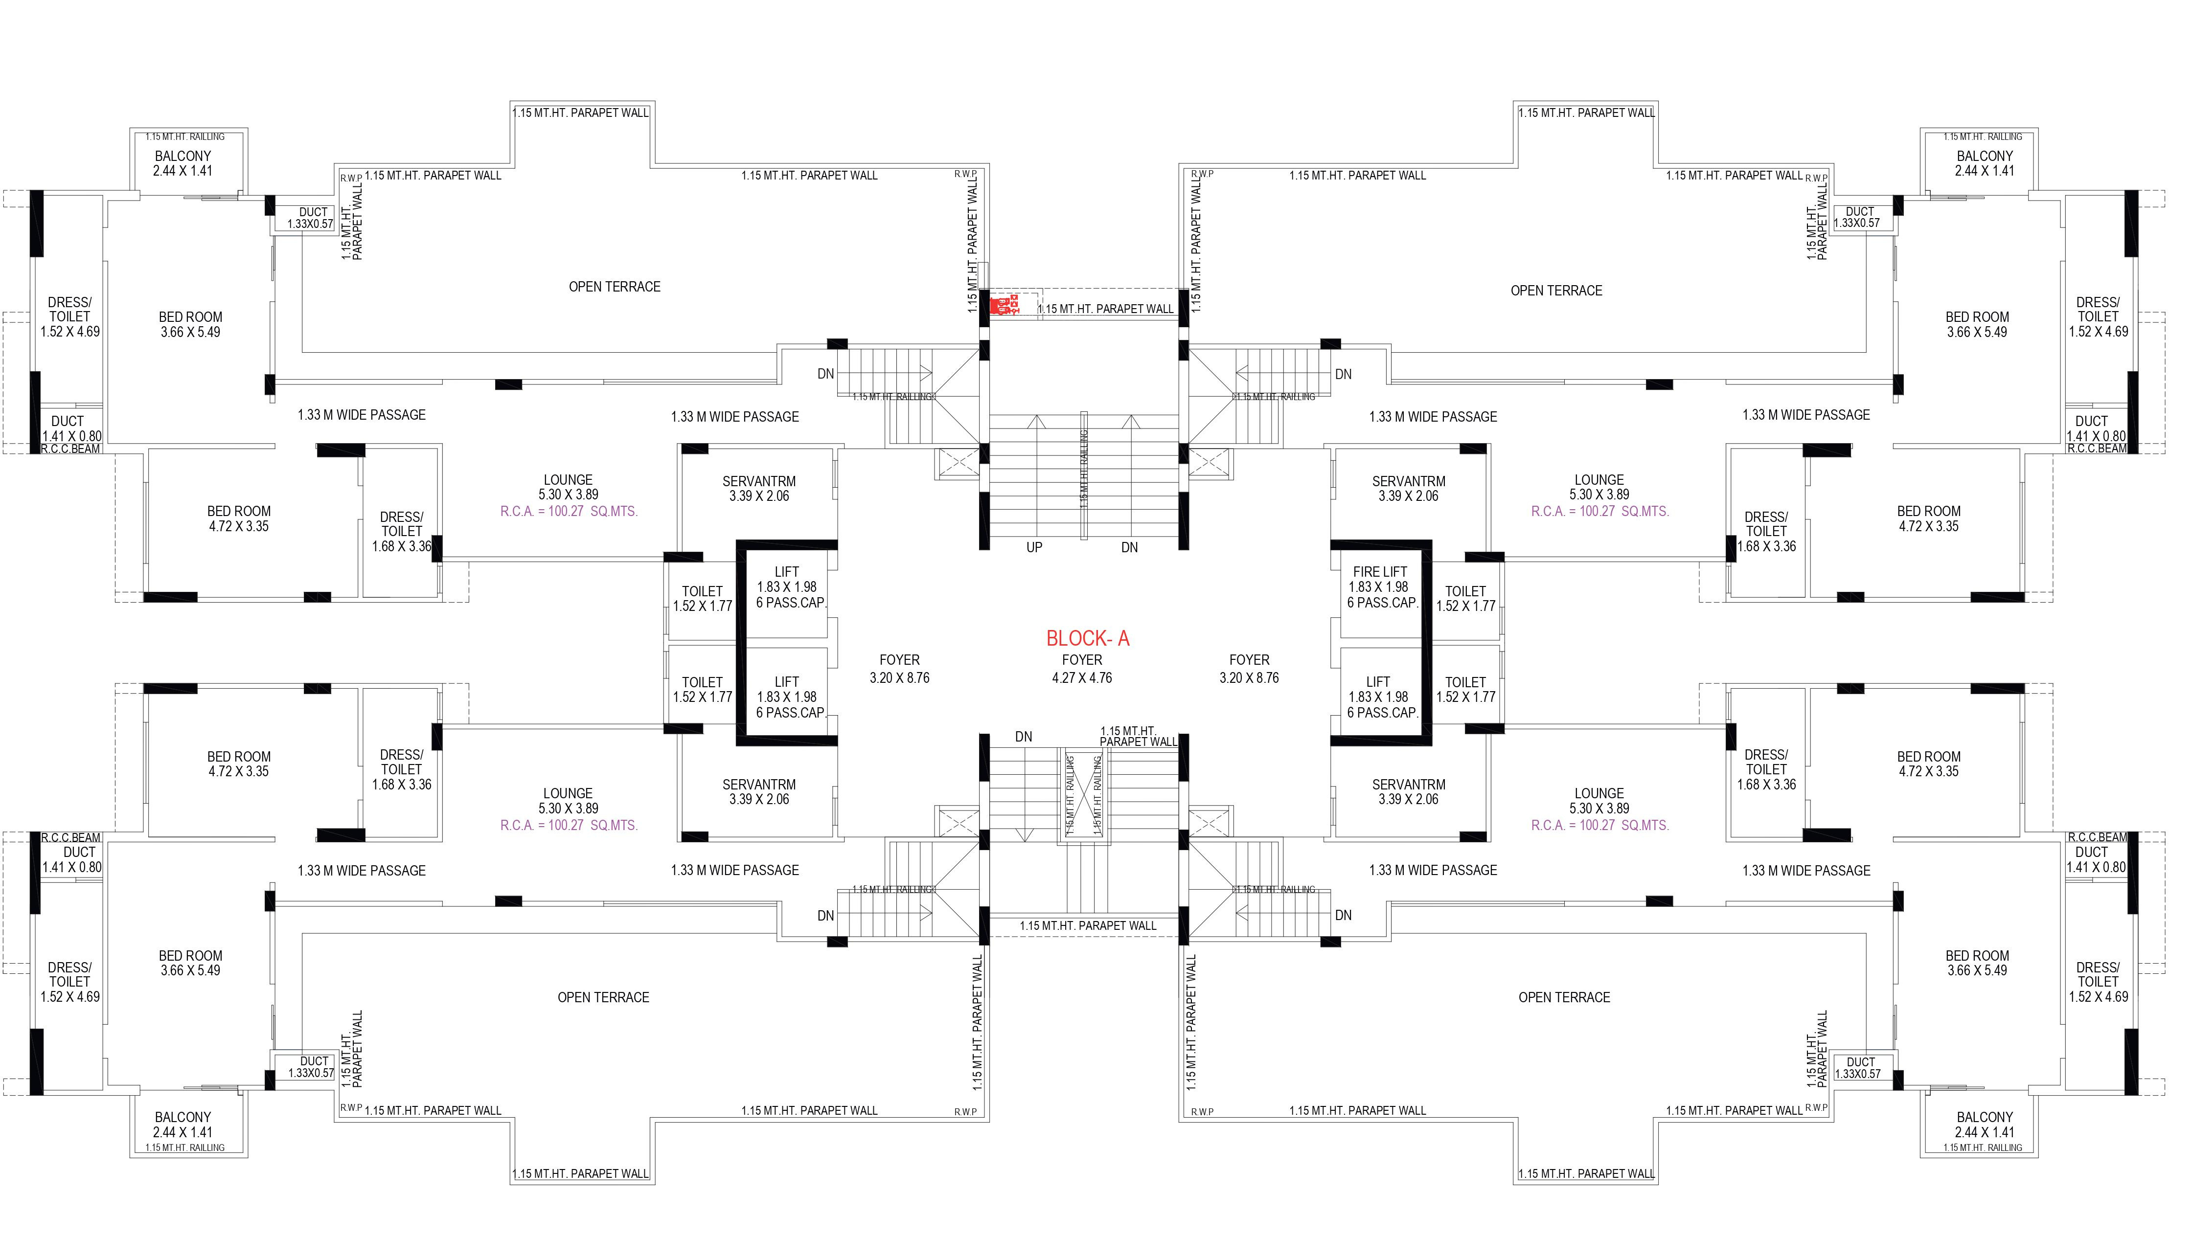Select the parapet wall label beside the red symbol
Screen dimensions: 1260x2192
tap(1106, 309)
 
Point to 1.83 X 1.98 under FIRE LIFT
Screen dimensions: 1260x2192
tap(1378, 587)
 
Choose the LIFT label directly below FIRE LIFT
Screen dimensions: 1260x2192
tap(1378, 682)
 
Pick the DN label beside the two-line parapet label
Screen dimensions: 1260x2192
tap(1024, 737)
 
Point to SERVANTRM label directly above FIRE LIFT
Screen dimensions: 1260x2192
tap(1408, 482)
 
